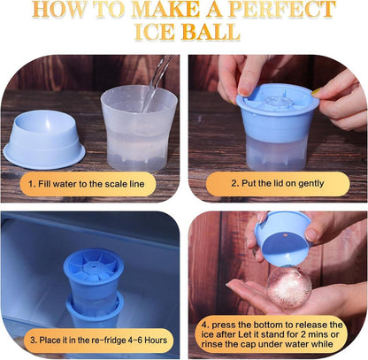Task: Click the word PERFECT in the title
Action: [x=282, y=9]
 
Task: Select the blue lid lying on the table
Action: [x=44, y=140]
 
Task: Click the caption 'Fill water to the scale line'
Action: [x=91, y=184]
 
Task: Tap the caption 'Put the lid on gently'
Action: [x=282, y=183]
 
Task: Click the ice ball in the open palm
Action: [x=289, y=287]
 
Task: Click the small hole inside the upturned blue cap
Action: [x=285, y=236]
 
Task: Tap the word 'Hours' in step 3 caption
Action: [x=156, y=340]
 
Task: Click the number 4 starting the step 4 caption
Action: [x=205, y=325]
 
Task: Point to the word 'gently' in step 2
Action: [x=311, y=184]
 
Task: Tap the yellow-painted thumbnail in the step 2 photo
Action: [x=316, y=91]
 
